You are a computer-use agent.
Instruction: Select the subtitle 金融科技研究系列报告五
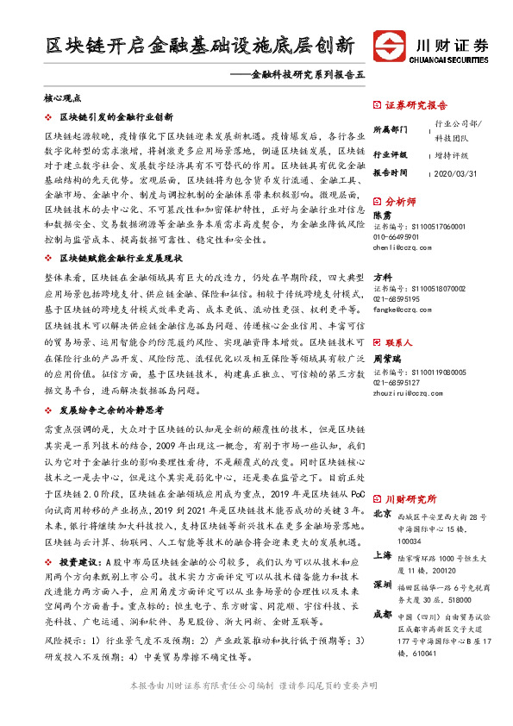click(x=299, y=76)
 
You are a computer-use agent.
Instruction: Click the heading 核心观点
click(x=62, y=100)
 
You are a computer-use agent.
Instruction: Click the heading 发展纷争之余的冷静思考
click(x=116, y=411)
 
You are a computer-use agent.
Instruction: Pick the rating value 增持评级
click(x=453, y=155)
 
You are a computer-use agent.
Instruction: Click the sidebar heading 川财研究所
click(x=411, y=499)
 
